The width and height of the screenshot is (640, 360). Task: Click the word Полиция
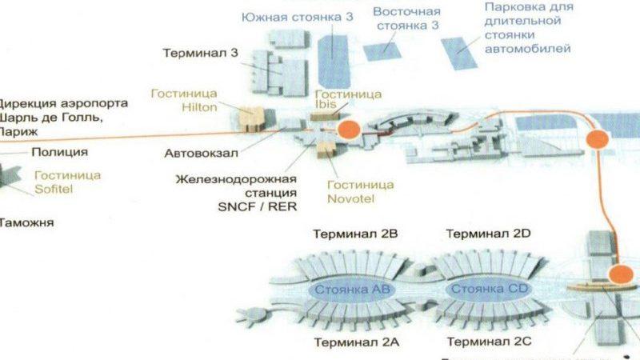point(59,151)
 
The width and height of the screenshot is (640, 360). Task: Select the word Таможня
point(28,222)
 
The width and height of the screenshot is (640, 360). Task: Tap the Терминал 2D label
point(488,234)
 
